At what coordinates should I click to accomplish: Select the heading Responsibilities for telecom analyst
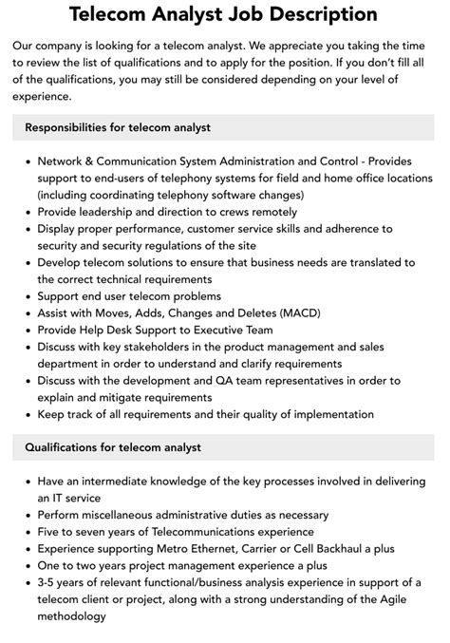coord(118,126)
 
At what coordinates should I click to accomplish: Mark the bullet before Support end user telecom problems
coord(28,295)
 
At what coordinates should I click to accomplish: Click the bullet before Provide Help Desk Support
coord(28,330)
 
